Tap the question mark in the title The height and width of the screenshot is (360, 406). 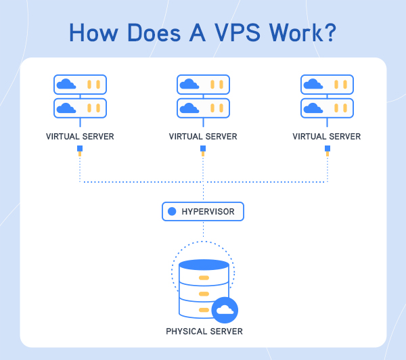(328, 33)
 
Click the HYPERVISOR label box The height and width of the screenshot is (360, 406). (203, 212)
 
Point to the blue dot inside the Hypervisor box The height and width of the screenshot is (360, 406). (172, 212)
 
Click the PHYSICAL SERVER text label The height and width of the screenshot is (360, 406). (204, 332)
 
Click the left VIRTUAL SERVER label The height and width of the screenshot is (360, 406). (80, 137)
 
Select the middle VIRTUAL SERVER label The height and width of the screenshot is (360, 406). (203, 137)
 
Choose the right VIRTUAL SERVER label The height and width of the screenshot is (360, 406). (326, 137)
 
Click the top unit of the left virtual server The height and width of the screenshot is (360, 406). (80, 85)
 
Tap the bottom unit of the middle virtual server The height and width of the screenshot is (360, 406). (203, 108)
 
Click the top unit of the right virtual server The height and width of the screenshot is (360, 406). (326, 85)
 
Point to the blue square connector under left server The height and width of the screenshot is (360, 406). (80, 148)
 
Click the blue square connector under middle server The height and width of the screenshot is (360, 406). (203, 148)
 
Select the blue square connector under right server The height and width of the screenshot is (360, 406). (327, 148)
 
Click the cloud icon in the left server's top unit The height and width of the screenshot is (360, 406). (66, 85)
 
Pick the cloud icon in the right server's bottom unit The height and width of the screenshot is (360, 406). (312, 108)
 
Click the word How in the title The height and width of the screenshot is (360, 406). (93, 33)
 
